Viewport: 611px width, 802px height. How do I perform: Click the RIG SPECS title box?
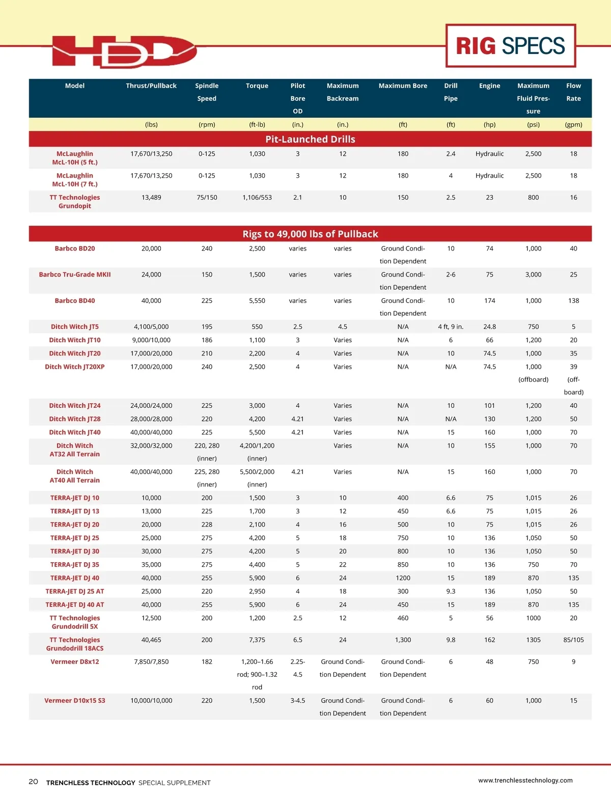pos(510,46)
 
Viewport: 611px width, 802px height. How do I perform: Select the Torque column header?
pos(257,86)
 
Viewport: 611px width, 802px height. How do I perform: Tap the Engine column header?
pos(489,86)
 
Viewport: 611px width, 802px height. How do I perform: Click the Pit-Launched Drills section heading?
pos(310,140)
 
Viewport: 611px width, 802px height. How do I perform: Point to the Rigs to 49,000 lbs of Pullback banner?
pos(310,234)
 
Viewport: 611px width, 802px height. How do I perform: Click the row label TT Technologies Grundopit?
pos(75,202)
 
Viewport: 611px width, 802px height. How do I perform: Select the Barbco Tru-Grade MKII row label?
pos(75,274)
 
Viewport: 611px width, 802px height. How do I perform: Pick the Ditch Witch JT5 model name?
pos(75,327)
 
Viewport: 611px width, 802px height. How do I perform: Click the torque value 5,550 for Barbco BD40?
pos(257,301)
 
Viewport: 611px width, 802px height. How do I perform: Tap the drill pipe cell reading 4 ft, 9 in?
pos(451,327)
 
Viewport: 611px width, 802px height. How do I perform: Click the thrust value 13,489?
pos(151,198)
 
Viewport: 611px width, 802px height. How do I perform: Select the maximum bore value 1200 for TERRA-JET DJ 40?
pos(403,578)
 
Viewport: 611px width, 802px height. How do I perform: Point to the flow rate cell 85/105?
pos(573,640)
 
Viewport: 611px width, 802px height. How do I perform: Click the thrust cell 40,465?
pos(151,640)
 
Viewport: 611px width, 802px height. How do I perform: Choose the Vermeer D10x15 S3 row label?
pos(75,701)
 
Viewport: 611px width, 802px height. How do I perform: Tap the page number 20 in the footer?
pos(33,782)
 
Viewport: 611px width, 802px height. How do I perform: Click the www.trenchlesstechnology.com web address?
pos(525,780)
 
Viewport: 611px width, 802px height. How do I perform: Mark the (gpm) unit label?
pos(573,125)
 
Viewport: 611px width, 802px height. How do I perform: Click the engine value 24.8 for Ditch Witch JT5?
pos(489,327)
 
